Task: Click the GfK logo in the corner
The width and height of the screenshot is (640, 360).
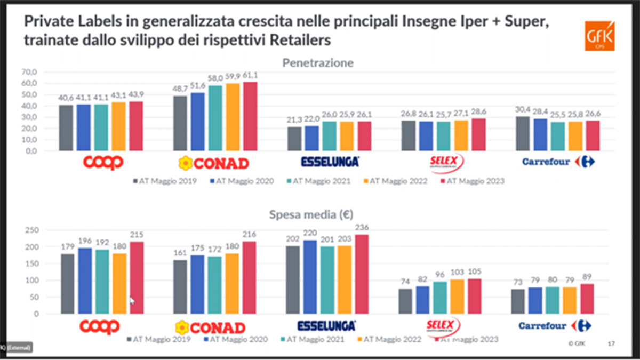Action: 599,36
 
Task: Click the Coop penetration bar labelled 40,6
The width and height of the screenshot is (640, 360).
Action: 66,128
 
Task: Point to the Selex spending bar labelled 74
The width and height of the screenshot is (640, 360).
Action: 405,301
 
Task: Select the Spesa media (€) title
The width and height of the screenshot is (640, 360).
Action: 318,215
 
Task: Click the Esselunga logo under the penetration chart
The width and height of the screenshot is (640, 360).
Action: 329,162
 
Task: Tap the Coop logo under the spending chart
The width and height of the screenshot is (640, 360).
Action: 100,326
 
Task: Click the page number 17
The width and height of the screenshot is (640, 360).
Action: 611,344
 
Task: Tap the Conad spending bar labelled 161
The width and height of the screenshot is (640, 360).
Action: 181,287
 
